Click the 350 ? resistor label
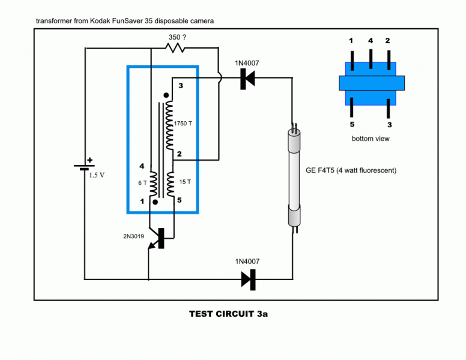tap(177, 37)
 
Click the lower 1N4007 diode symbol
tap(248, 279)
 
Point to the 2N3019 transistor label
tap(136, 236)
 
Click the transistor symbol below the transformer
tap(157, 237)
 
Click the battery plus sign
tap(90, 160)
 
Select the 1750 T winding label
tap(184, 123)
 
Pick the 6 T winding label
tap(142, 183)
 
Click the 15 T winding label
tap(185, 181)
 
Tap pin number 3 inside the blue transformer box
tap(180, 86)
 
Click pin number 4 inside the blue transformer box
tap(142, 166)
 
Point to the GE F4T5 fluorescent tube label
tap(351, 170)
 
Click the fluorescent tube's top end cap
tap(294, 140)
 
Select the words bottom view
tap(371, 139)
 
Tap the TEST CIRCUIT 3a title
tap(228, 313)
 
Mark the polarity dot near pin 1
tap(155, 202)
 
